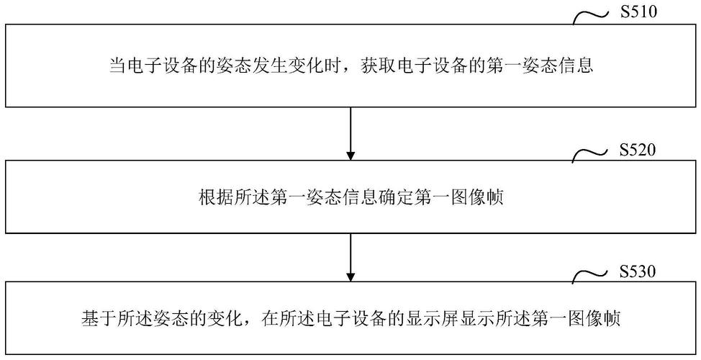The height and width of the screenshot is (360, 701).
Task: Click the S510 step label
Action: click(x=638, y=12)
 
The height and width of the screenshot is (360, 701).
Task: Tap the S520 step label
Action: click(x=638, y=150)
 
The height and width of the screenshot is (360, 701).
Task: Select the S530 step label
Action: click(x=638, y=271)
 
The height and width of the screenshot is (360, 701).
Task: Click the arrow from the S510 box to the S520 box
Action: click(x=351, y=134)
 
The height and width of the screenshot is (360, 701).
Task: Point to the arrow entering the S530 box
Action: click(x=351, y=257)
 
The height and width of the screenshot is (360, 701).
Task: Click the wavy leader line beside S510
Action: click(x=590, y=18)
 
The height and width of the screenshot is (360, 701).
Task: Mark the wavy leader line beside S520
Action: click(x=590, y=156)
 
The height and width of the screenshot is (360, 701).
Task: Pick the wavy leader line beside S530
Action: click(x=590, y=276)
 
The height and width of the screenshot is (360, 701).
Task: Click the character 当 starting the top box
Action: click(x=118, y=66)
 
